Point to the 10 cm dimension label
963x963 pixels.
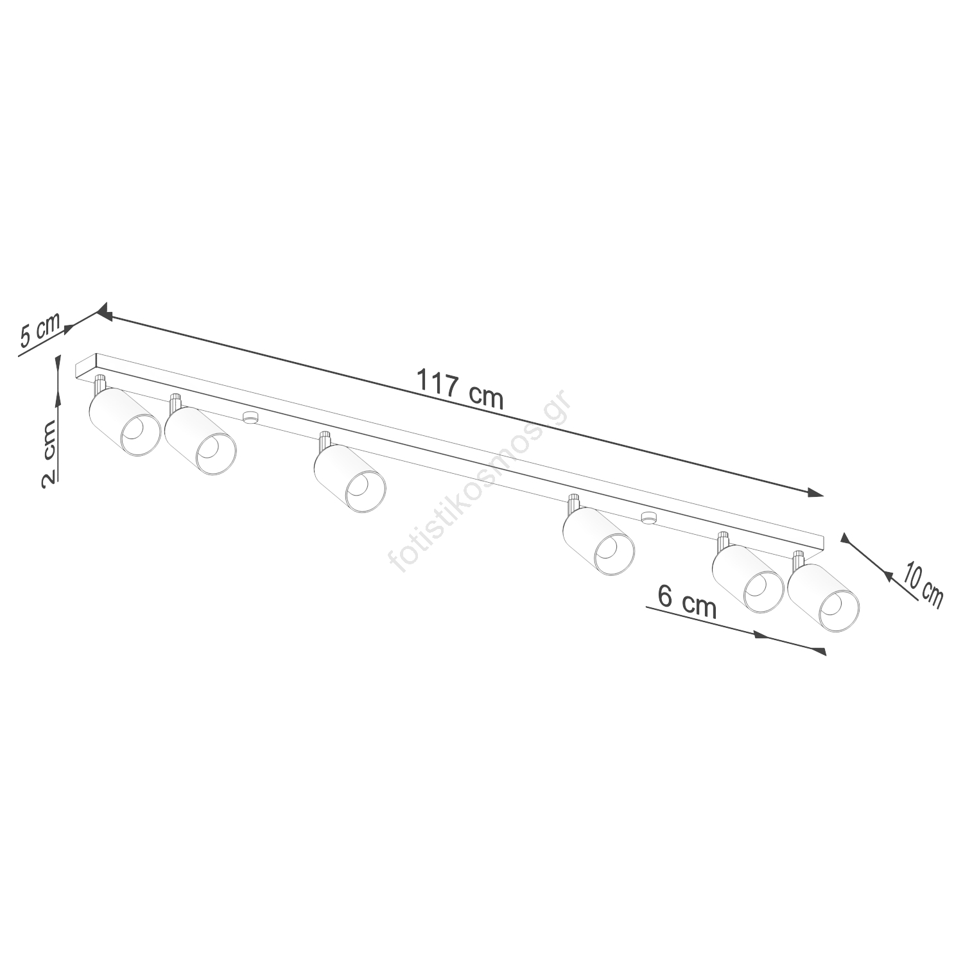click(x=923, y=584)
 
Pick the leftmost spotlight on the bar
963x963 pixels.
click(x=124, y=422)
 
